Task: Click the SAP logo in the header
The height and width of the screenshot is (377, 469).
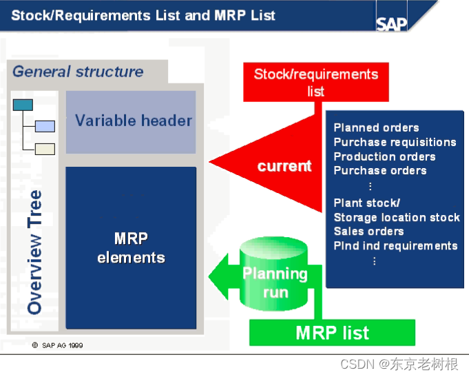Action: (x=391, y=23)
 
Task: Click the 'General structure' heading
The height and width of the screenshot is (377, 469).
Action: (x=78, y=72)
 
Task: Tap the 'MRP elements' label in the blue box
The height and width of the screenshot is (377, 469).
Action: (x=131, y=248)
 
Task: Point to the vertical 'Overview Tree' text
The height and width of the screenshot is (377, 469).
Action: (x=34, y=252)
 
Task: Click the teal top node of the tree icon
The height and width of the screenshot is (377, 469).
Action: (x=23, y=105)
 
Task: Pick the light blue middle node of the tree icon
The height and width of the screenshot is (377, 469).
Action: (x=45, y=126)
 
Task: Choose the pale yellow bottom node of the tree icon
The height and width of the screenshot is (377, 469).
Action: (x=45, y=148)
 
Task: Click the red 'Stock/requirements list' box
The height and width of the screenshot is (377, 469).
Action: (x=315, y=82)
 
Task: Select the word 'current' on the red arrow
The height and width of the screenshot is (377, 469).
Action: (x=284, y=166)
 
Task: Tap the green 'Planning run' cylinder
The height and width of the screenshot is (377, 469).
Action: (x=275, y=282)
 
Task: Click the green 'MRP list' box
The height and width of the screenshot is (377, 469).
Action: (x=332, y=333)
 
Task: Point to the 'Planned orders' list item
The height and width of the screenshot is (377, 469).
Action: (x=376, y=128)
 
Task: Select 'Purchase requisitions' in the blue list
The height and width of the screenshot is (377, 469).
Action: (x=395, y=142)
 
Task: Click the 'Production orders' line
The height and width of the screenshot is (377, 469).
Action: (x=384, y=156)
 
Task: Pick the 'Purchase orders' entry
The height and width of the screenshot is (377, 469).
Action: (x=379, y=170)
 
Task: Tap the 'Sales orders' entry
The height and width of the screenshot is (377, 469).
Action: (x=368, y=232)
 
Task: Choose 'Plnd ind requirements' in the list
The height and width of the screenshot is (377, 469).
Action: (x=395, y=245)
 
